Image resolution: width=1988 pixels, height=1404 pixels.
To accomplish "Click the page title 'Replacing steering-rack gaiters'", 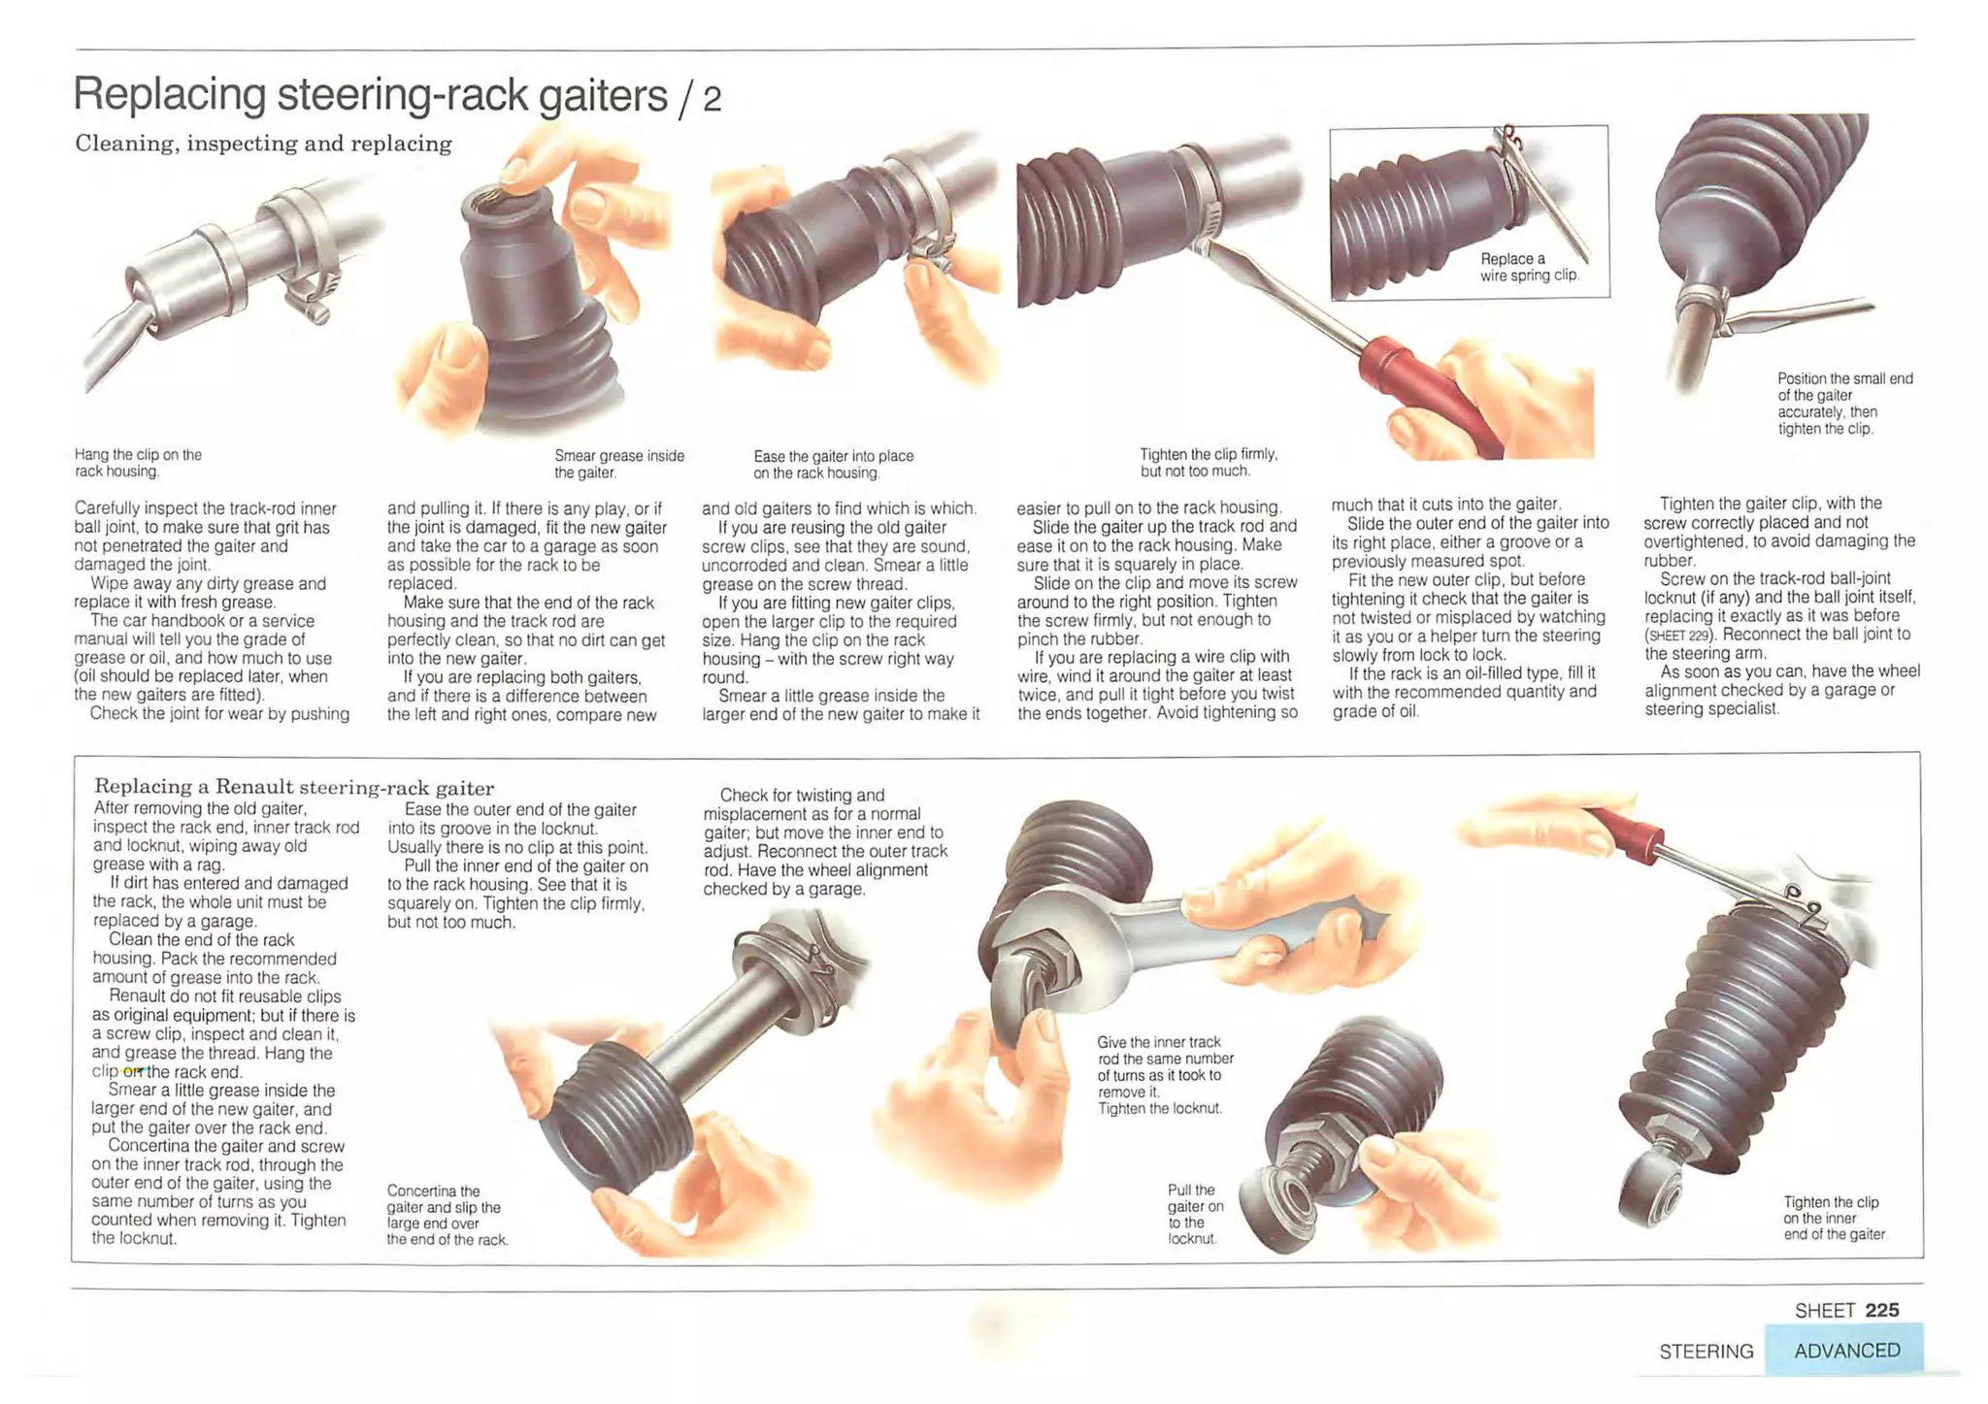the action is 371,95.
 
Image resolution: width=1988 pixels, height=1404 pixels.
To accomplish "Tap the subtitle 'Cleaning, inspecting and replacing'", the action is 263,144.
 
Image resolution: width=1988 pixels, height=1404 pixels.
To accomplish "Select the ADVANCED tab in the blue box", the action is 1846,1351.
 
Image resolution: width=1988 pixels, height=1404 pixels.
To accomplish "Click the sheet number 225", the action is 1881,1310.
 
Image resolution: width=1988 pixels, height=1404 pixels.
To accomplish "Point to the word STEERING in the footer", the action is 1706,1352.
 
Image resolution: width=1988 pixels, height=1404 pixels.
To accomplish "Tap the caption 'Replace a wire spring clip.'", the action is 1529,267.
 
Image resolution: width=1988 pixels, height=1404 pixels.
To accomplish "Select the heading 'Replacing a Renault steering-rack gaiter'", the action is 294,787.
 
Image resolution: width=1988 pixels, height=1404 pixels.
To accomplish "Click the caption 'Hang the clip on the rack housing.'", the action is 138,463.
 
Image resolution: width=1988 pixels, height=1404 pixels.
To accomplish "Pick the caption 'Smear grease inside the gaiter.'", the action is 619,464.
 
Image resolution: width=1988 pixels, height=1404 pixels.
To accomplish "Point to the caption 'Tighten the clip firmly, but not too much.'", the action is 1209,463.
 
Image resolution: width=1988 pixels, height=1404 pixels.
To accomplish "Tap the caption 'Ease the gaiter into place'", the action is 833,456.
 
